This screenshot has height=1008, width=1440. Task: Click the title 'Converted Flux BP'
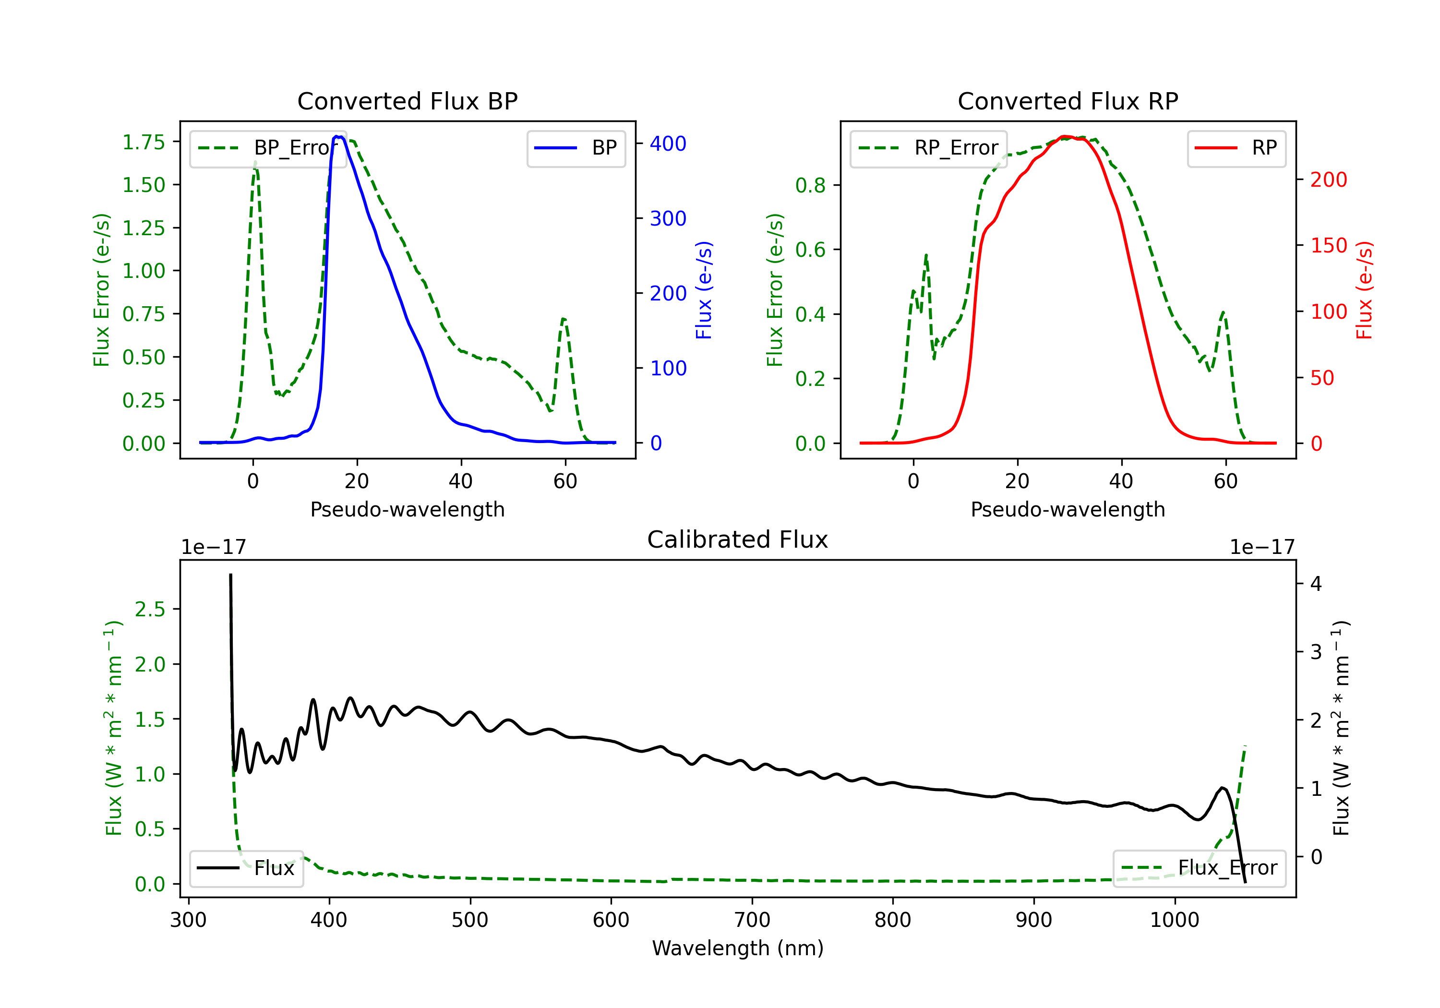pyautogui.click(x=407, y=101)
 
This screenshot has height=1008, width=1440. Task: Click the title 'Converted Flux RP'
pyautogui.click(x=1068, y=101)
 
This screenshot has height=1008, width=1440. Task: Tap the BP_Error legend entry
pyautogui.click(x=268, y=148)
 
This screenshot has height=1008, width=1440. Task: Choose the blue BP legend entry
pyautogui.click(x=576, y=148)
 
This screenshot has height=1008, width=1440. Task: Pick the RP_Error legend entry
pyautogui.click(x=928, y=148)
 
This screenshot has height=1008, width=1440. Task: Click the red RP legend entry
pyautogui.click(x=1236, y=148)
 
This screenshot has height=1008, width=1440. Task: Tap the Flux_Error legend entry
pyautogui.click(x=1199, y=868)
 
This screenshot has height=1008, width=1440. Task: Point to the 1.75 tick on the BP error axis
pyautogui.click(x=144, y=143)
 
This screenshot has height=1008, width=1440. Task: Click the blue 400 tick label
pyautogui.click(x=668, y=144)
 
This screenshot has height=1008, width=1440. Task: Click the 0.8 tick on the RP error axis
pyautogui.click(x=810, y=185)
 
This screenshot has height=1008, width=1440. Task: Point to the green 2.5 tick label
pyautogui.click(x=150, y=609)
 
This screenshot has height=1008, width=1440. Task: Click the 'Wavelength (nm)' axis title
pyautogui.click(x=738, y=948)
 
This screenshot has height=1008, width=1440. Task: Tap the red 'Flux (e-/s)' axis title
pyautogui.click(x=1364, y=290)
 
